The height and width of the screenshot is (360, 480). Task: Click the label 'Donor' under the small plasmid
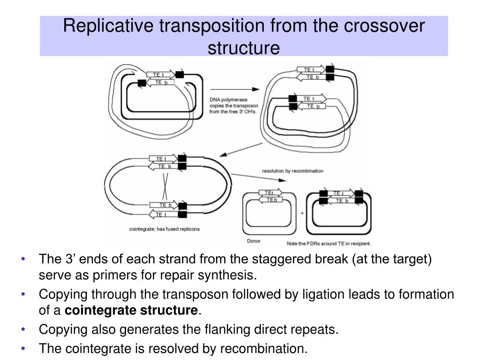[254, 241]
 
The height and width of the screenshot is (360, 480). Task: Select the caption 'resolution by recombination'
[292, 171]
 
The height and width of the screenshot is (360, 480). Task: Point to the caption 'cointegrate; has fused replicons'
[164, 229]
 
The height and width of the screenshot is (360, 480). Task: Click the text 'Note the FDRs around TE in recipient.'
[329, 243]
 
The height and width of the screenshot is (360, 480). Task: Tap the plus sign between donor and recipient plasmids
[302, 213]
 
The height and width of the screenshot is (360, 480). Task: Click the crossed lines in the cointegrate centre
[165, 186]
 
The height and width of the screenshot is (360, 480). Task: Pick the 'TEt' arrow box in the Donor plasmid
[270, 193]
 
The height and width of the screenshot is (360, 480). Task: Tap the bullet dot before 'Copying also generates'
[24, 330]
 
